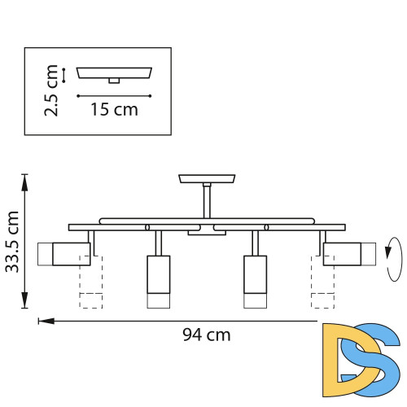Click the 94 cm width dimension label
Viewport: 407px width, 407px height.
[x=208, y=334]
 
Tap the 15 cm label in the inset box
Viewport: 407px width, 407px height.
[x=114, y=109]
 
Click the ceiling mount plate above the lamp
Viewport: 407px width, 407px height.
[x=207, y=179]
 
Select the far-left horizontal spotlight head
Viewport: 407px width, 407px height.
[x=64, y=253]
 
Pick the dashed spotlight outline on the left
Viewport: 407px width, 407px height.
[x=90, y=281]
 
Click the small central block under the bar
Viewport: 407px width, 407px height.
[x=207, y=233]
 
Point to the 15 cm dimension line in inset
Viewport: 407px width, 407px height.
[x=114, y=95]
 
